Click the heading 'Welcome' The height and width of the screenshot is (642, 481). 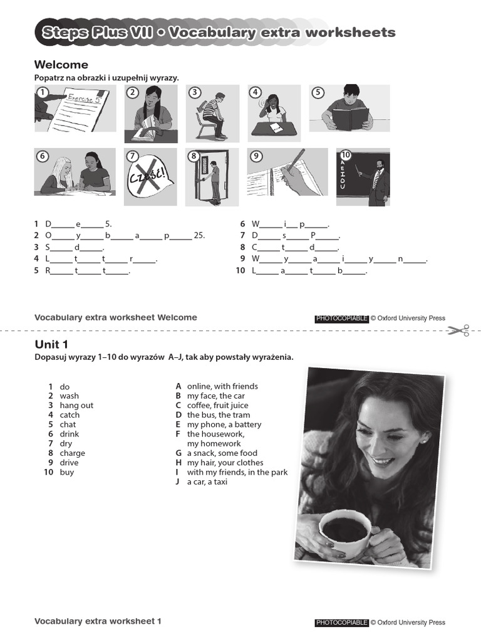[61, 65]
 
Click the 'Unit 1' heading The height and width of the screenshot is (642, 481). [51, 344]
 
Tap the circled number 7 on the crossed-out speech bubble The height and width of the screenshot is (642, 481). [132, 156]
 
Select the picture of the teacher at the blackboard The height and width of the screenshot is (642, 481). [363, 177]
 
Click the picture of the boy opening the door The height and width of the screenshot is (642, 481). [212, 177]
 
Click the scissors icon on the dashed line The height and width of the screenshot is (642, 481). [458, 330]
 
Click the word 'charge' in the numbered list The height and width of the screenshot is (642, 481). [73, 453]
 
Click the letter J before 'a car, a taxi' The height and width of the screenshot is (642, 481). [178, 482]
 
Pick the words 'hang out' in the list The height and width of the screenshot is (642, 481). [76, 406]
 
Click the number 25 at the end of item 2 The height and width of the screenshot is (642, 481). [199, 236]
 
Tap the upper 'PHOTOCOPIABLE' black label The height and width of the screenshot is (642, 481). [341, 318]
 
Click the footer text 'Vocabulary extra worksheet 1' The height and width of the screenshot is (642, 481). [98, 621]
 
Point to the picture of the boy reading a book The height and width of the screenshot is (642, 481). [349, 108]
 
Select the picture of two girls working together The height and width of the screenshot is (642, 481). [75, 172]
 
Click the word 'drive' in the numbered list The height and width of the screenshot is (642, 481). [69, 463]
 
